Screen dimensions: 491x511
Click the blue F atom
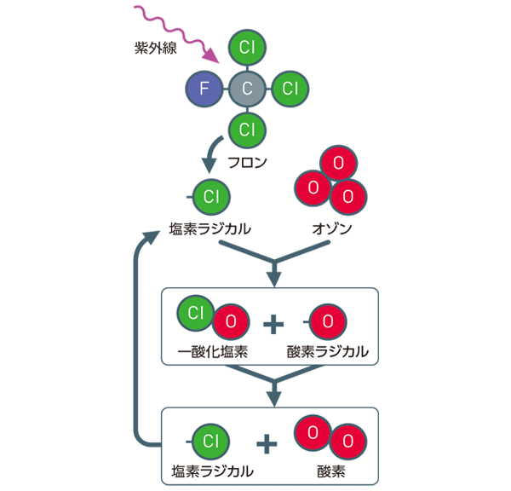click(204, 88)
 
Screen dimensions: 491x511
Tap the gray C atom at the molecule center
click(247, 88)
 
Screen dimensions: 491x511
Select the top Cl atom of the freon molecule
click(247, 46)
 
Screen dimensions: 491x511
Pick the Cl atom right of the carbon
click(290, 88)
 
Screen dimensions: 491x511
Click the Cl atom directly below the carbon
click(247, 130)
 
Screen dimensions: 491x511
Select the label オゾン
click(332, 229)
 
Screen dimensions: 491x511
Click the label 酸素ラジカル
click(328, 350)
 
